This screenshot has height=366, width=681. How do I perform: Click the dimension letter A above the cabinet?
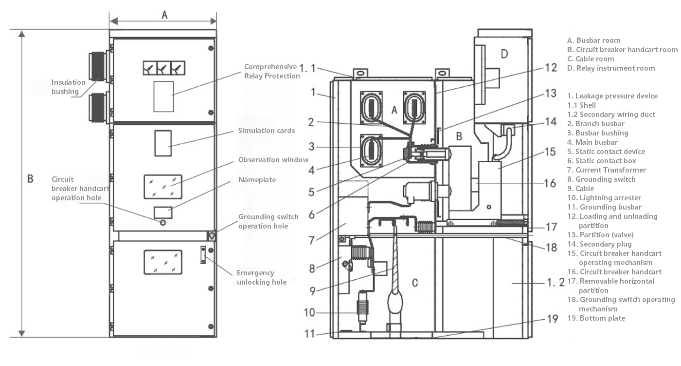point(164,15)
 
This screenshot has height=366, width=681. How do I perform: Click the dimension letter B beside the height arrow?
point(30,179)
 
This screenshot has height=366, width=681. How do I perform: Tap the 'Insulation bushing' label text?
point(69,87)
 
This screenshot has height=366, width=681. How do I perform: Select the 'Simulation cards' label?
point(267,131)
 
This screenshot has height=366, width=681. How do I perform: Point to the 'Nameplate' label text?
point(257,180)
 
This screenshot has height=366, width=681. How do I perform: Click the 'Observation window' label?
point(273,160)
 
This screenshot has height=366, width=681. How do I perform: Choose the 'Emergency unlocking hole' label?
point(262,277)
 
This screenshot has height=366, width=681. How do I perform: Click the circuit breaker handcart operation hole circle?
point(163,223)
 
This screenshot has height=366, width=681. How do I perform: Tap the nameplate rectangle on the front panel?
point(163,212)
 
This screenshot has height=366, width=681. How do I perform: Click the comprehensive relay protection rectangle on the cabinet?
point(163,96)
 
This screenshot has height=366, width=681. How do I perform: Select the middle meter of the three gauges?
point(163,68)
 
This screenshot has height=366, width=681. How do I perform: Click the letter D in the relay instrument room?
point(504,54)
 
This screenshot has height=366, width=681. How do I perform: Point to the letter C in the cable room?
point(414,283)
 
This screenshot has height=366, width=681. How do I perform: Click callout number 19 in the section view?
point(553,319)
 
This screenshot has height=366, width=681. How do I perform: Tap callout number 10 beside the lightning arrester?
point(309,312)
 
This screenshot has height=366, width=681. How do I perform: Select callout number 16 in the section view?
point(550,183)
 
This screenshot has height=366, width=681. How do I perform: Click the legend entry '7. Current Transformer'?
point(607,170)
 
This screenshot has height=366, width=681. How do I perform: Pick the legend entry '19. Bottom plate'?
point(596,318)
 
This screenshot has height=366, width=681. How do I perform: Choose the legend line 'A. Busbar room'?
point(594,40)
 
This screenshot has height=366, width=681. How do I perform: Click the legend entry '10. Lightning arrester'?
point(604,198)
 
